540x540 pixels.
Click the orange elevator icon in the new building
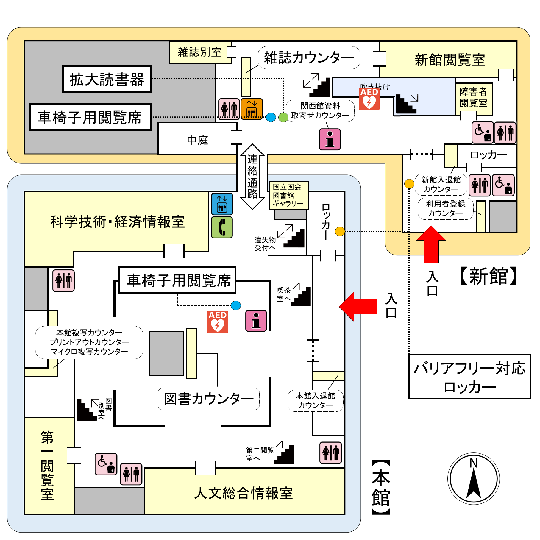click(x=252, y=109)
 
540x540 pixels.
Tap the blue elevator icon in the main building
click(x=222, y=204)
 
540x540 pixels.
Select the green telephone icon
click(x=222, y=227)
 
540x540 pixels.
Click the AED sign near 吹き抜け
click(x=369, y=99)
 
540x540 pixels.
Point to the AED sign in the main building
click(x=218, y=321)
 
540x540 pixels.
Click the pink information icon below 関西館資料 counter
click(x=330, y=139)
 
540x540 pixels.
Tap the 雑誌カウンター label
click(x=309, y=57)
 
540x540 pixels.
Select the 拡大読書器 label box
click(x=107, y=79)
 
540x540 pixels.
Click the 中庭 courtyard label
click(x=197, y=140)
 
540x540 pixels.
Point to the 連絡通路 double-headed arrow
click(x=252, y=177)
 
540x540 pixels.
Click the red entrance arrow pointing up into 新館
click(x=431, y=244)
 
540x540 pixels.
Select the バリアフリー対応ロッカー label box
click(x=469, y=377)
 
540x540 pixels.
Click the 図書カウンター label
click(x=208, y=399)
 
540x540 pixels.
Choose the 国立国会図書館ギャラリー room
click(x=288, y=195)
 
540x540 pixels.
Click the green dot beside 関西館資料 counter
click(x=283, y=117)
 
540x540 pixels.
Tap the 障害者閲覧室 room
click(x=473, y=98)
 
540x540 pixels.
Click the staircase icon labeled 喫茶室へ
click(x=301, y=297)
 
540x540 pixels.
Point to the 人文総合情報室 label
click(x=244, y=493)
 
